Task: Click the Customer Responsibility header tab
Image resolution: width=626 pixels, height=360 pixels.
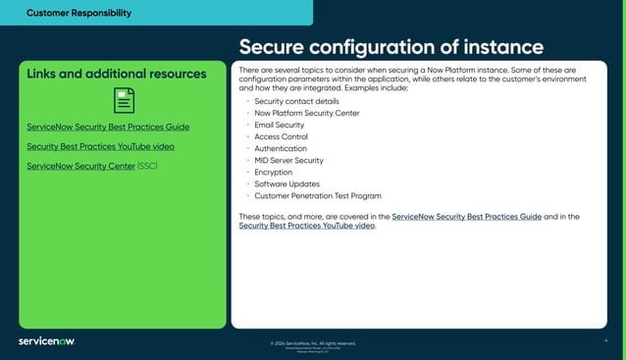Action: pos(78,13)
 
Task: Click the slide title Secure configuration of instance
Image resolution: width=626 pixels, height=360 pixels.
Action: pos(391,47)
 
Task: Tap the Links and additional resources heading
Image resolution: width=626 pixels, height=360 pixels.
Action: pos(117,74)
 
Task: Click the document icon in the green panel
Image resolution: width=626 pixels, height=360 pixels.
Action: pos(124,100)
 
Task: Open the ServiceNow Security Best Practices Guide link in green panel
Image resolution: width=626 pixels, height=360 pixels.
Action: pos(108,127)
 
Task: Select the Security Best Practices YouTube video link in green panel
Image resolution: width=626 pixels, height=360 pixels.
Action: pos(101,146)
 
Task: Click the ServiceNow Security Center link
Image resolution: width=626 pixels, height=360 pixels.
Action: pos(80,166)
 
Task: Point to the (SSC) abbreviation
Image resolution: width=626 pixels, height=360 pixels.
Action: pos(147,166)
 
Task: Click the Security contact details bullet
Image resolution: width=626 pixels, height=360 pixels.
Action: pos(296,101)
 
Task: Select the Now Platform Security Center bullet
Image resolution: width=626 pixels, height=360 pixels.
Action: pos(306,113)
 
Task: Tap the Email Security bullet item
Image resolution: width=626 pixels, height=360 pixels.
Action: pos(279,125)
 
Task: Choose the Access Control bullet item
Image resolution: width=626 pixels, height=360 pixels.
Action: pos(281,136)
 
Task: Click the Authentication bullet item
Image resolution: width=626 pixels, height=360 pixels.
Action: pos(281,148)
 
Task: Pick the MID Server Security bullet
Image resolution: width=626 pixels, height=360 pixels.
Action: pos(288,160)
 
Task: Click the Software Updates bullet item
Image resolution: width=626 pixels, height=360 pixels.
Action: pos(287,183)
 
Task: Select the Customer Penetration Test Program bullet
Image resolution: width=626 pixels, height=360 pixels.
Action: pos(318,195)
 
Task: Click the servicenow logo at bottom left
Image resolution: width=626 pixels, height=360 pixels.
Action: pos(46,341)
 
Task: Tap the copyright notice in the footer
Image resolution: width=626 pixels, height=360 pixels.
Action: pos(312,343)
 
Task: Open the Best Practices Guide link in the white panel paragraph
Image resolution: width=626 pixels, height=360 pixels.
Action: pos(466,215)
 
